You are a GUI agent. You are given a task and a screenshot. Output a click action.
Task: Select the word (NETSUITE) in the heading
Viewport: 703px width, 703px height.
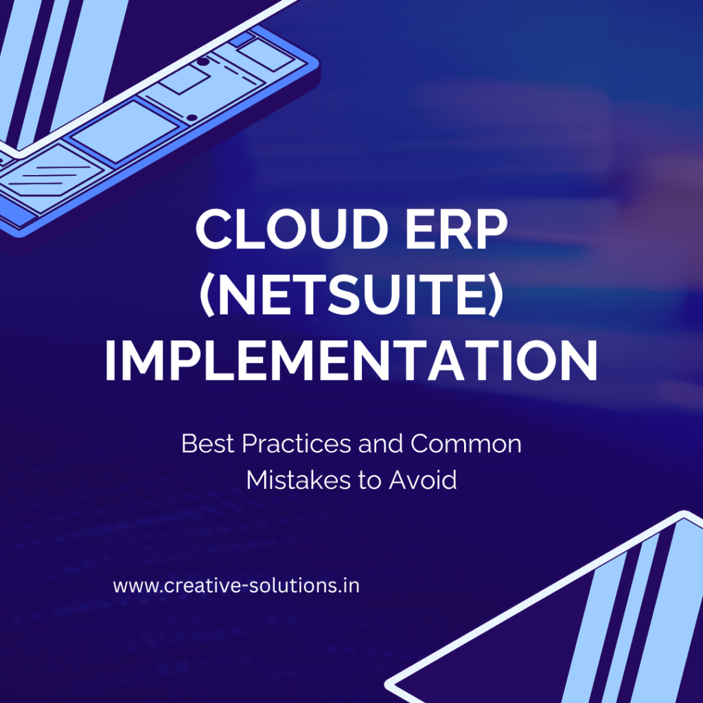351,297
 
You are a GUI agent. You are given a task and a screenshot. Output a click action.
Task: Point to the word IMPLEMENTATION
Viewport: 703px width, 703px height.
351,361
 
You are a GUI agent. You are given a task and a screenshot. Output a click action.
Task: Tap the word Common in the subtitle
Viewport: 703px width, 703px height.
466,444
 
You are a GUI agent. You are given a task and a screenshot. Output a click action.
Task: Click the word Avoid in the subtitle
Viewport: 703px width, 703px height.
423,480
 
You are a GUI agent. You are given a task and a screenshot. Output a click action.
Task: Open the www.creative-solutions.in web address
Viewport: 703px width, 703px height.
236,587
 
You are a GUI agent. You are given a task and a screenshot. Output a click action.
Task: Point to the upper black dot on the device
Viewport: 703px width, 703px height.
203,62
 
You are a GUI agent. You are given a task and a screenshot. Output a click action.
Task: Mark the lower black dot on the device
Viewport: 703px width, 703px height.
192,117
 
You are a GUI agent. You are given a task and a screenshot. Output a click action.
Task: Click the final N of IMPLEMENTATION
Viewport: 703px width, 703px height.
577,361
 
